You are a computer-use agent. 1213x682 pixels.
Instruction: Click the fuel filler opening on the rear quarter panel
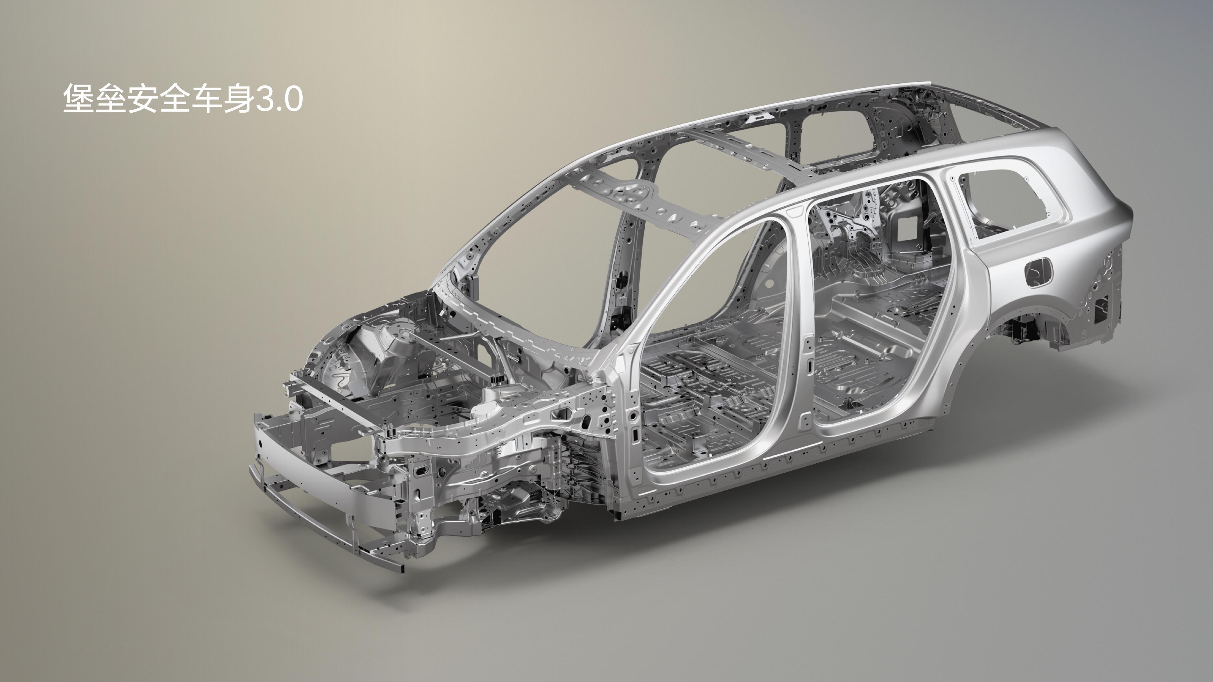1041,272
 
